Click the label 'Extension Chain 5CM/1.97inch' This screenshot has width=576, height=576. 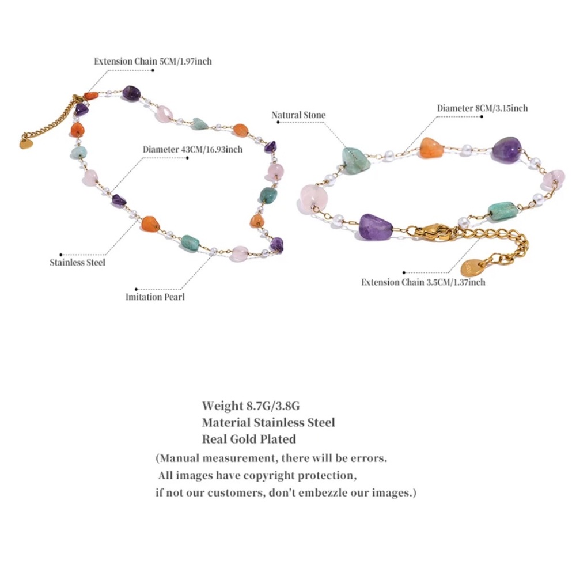click(153, 61)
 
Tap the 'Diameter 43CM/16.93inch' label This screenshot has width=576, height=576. click(192, 150)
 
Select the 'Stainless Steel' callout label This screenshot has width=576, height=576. click(78, 262)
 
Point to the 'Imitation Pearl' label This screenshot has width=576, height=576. click(155, 297)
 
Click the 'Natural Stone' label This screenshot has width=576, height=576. click(298, 115)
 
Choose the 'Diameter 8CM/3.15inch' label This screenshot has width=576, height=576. click(482, 108)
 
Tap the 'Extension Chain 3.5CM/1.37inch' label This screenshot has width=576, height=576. click(423, 282)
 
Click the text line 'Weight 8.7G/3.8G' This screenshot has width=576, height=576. click(251, 406)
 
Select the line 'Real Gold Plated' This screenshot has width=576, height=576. click(249, 439)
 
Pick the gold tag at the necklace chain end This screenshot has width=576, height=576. click(25, 144)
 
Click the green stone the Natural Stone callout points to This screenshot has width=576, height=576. click(355, 160)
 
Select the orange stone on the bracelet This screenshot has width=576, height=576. click(431, 148)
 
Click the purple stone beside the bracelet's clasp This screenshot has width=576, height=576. click(376, 227)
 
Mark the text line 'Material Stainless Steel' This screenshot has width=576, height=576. click(268, 422)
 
